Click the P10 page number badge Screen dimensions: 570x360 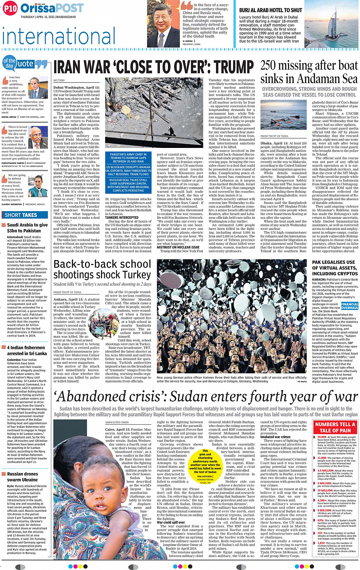[x=10, y=8]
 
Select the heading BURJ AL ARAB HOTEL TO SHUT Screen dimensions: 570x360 [x=270, y=10]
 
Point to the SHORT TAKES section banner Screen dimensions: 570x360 [x=21, y=215]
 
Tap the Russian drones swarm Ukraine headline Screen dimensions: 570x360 [x=22, y=477]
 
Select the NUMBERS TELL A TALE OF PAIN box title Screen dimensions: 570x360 [x=335, y=427]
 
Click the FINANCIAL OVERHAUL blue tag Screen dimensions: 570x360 [x=349, y=306]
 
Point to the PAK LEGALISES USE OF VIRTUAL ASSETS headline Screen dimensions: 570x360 [x=335, y=268]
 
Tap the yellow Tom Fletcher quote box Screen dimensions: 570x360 [x=205, y=467]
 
